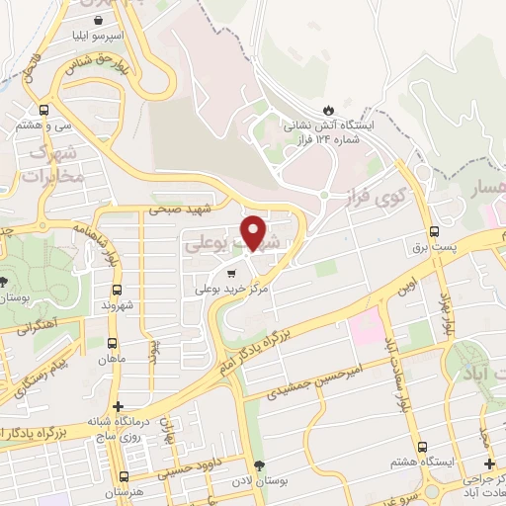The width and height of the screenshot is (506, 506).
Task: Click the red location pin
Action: click(x=254, y=231)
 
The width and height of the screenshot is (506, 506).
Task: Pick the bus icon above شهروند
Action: click(x=118, y=290)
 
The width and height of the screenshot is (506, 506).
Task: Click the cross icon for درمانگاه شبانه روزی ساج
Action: click(x=119, y=406)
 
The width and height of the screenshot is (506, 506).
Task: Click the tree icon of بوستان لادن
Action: click(x=260, y=465)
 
